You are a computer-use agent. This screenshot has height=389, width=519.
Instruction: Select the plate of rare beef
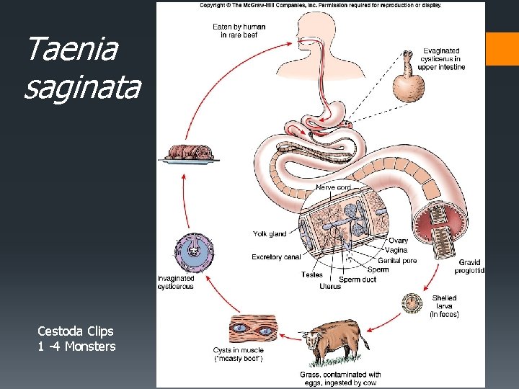(191, 153)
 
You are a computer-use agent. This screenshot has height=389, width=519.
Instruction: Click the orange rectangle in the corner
(502, 48)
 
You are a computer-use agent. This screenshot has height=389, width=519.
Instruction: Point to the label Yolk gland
(270, 233)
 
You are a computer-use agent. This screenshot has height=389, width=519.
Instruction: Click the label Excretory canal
(276, 256)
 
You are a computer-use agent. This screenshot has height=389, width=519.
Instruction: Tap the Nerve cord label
(332, 187)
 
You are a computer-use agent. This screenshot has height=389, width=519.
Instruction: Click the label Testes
(312, 274)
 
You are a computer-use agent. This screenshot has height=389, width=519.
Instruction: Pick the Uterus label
(330, 286)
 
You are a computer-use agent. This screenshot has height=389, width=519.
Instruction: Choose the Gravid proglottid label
(469, 267)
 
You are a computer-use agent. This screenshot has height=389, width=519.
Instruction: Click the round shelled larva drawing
(412, 302)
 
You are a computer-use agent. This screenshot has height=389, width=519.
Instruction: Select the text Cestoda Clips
(76, 331)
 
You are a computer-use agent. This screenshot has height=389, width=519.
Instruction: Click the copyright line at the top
(321, 6)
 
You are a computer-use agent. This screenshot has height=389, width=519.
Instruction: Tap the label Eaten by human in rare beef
(239, 30)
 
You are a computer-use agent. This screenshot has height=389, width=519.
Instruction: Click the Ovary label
(398, 241)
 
